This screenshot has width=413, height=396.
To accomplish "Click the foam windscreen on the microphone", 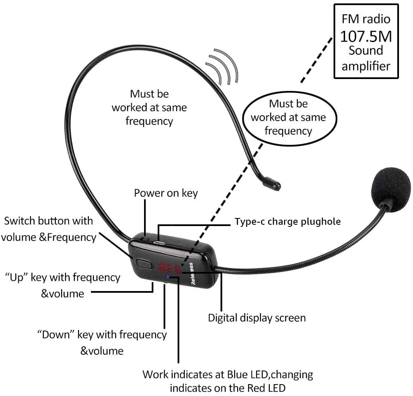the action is [391, 186].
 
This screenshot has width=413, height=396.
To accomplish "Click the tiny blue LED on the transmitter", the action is [168, 277].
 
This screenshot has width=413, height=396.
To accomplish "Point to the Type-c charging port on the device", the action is [159, 242].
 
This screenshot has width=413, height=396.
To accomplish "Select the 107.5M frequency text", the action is [366, 36].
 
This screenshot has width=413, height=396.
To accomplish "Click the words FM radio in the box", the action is [366, 19].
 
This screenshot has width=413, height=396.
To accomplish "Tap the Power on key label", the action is [166, 193].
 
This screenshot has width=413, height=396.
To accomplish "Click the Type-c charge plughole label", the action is [288, 221].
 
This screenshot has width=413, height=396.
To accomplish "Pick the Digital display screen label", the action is [257, 318].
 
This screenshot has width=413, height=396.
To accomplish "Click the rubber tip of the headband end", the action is [272, 184].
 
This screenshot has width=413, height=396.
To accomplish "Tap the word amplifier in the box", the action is [366, 66].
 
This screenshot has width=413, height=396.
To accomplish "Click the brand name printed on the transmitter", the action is [192, 274].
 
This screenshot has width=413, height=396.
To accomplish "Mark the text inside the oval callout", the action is [289, 117].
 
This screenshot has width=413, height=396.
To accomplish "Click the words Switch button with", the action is [48, 221].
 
